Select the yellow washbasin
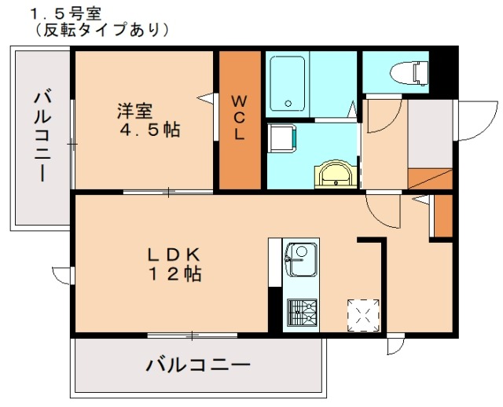(337, 174)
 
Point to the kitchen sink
(299, 258)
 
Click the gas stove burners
(300, 312)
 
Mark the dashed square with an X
(364, 315)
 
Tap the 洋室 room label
(135, 111)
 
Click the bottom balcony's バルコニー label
(198, 365)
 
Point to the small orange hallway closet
(443, 216)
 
